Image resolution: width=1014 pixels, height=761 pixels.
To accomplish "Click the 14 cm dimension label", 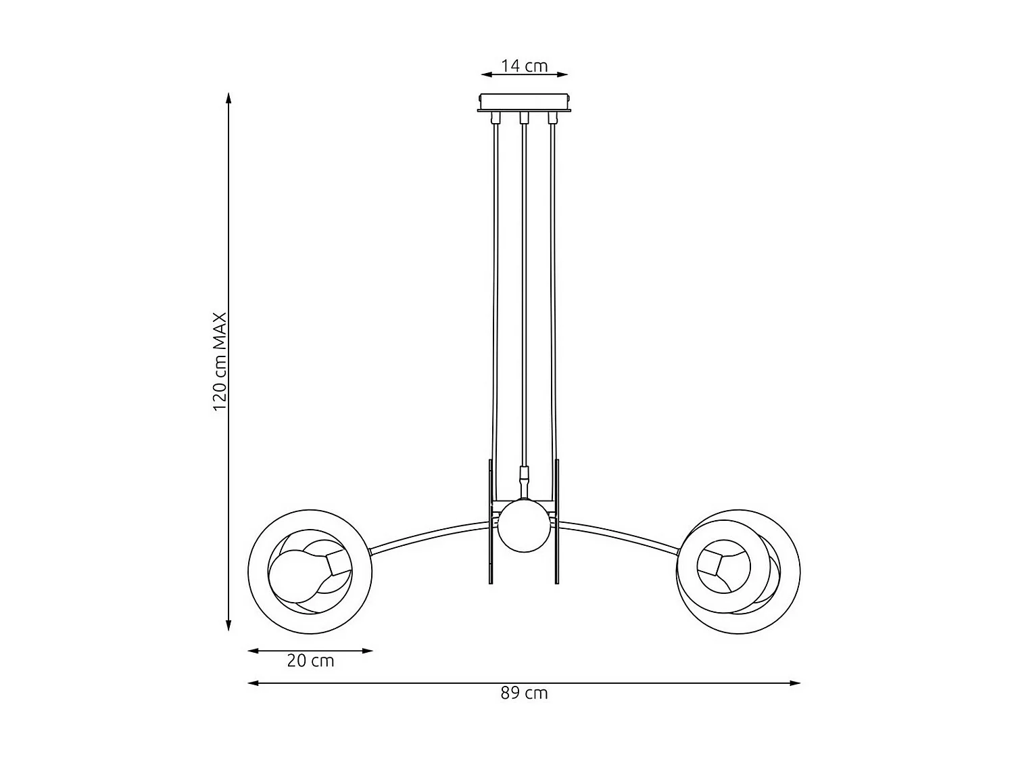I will tap(524, 66).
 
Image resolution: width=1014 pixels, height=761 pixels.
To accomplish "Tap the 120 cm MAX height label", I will tap(219, 362).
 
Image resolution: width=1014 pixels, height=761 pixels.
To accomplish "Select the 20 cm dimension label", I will tap(310, 661).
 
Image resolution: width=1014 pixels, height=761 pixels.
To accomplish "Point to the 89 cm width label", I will tap(524, 693).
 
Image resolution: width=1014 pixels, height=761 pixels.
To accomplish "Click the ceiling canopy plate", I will tap(525, 102).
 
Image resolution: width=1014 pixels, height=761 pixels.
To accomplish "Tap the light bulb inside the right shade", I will tap(723, 565).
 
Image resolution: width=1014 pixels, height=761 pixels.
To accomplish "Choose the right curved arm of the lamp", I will tap(619, 534).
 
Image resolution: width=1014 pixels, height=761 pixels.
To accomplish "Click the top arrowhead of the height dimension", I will tap(228, 98).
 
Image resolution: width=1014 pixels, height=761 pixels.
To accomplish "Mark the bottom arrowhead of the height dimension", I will tap(228, 625).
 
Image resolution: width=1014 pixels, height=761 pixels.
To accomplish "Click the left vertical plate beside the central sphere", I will tap(491, 521).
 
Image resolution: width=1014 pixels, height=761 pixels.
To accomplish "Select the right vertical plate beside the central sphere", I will tap(556, 521).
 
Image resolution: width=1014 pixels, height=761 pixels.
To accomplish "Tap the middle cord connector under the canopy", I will tap(523, 119).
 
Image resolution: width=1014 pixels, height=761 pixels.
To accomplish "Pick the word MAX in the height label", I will tap(219, 331).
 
